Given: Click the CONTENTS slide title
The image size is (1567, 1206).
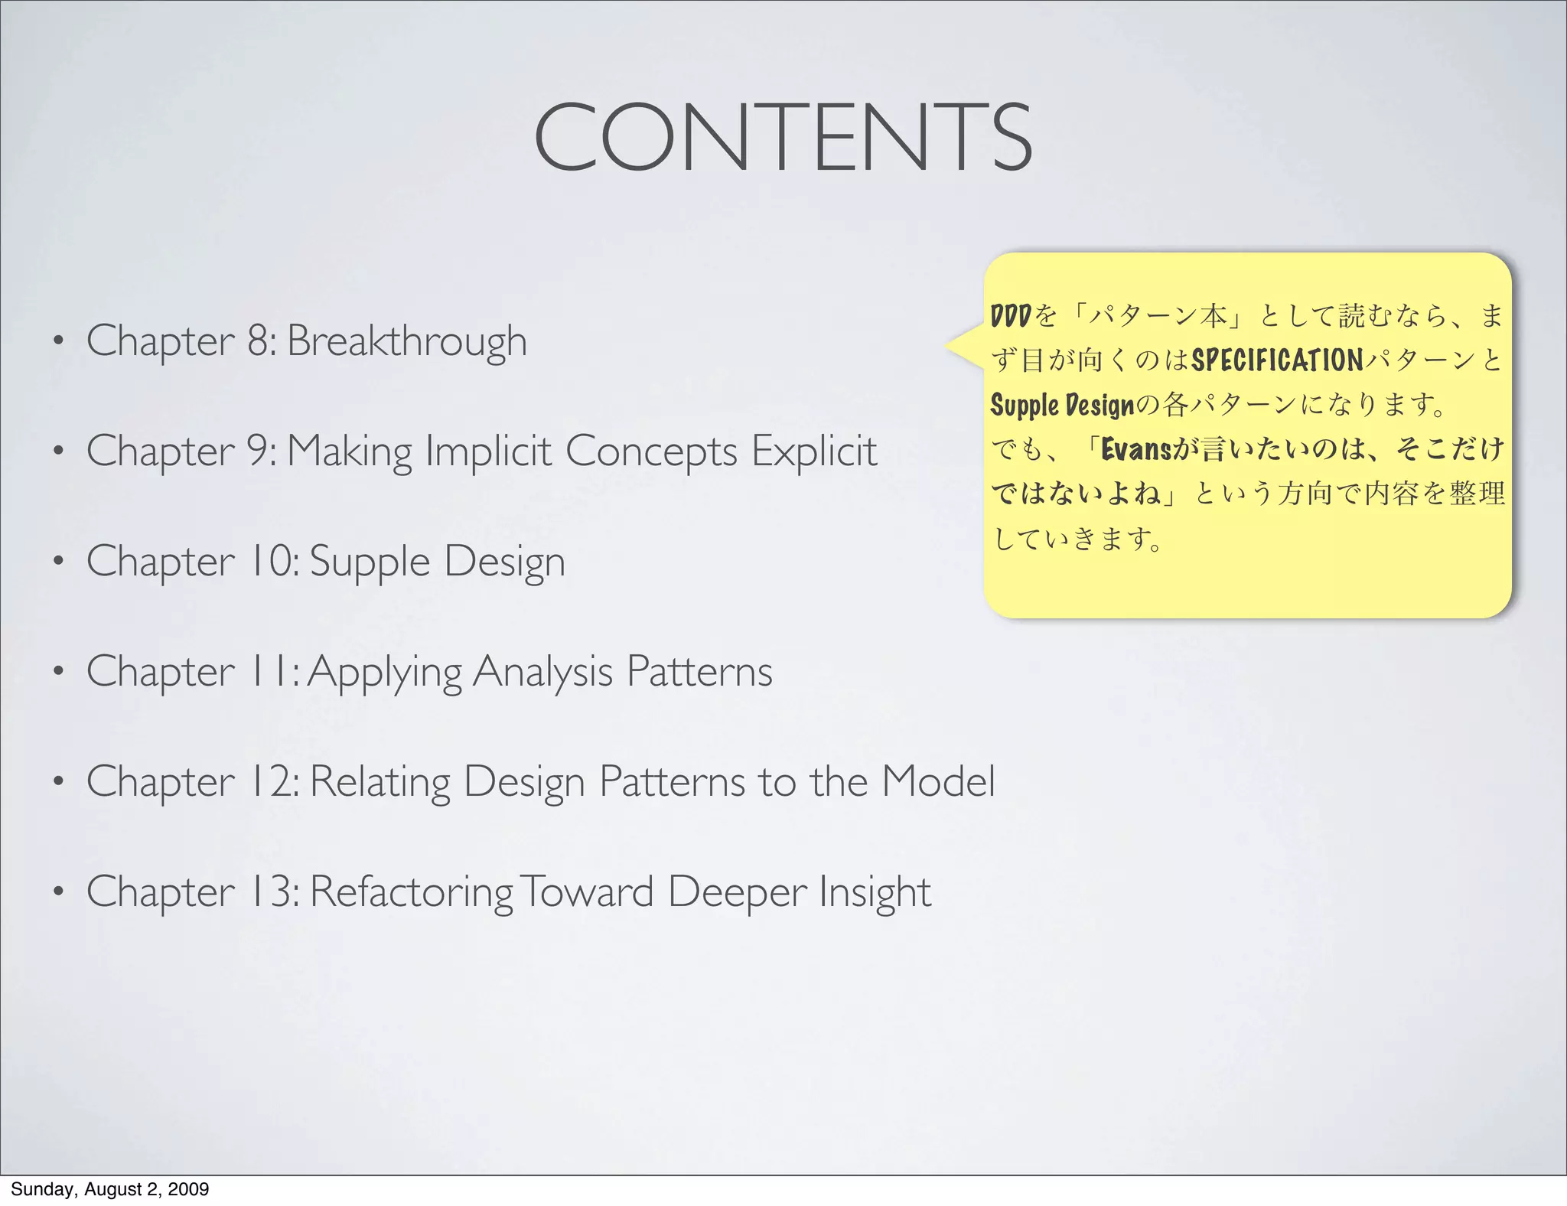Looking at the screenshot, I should pyautogui.click(x=783, y=137).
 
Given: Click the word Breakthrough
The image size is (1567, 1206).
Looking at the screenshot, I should pyautogui.click(x=406, y=341).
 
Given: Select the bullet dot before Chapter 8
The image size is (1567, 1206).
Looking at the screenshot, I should pyautogui.click(x=57, y=341).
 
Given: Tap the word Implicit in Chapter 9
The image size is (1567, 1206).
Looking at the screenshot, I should pyautogui.click(x=487, y=451).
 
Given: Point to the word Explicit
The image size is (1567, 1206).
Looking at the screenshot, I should pyautogui.click(x=813, y=451).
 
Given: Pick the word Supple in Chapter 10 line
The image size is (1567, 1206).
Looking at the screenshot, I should pyautogui.click(x=370, y=562).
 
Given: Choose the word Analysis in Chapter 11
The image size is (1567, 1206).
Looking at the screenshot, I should pyautogui.click(x=542, y=672).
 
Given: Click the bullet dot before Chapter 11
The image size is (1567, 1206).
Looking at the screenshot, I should pyautogui.click(x=57, y=672).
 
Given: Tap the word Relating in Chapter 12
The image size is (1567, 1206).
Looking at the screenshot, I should pyautogui.click(x=380, y=782).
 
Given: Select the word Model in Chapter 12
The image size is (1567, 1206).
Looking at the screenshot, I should pyautogui.click(x=938, y=781).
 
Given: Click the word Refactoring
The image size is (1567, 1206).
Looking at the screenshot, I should pyautogui.click(x=411, y=893).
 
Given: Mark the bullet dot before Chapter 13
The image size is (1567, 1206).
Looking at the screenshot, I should pyautogui.click(x=57, y=891).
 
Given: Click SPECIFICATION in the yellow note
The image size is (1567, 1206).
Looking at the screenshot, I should pyautogui.click(x=1277, y=360).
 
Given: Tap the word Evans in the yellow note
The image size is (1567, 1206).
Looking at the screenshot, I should pyautogui.click(x=1135, y=449).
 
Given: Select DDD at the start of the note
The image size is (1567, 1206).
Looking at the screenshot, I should pyautogui.click(x=1011, y=315).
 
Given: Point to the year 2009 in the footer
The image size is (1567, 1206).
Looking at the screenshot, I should pyautogui.click(x=189, y=1189).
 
